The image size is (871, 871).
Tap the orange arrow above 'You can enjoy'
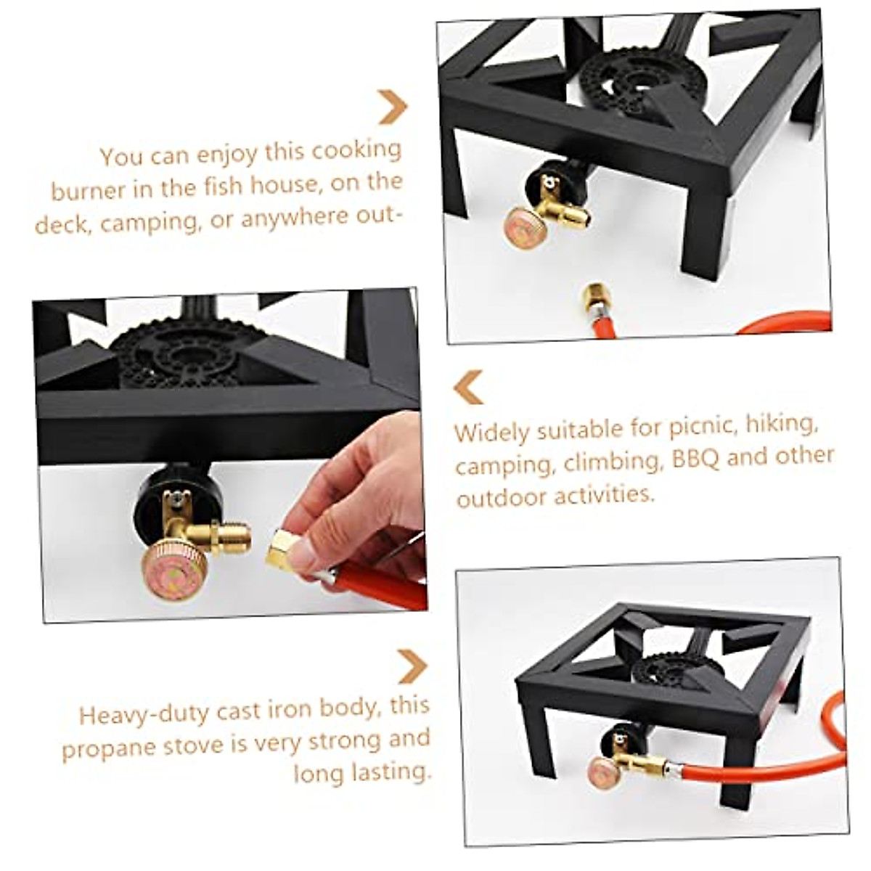393,107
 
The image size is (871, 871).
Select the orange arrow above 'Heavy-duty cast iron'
412,666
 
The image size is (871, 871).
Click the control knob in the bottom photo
605,771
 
